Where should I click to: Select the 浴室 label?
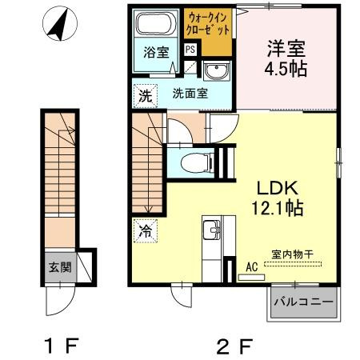click(155, 54)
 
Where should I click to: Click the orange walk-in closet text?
click(209, 22)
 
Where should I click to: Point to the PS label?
click(190, 50)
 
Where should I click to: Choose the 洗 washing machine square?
click(142, 94)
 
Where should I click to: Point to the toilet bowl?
click(193, 163)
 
